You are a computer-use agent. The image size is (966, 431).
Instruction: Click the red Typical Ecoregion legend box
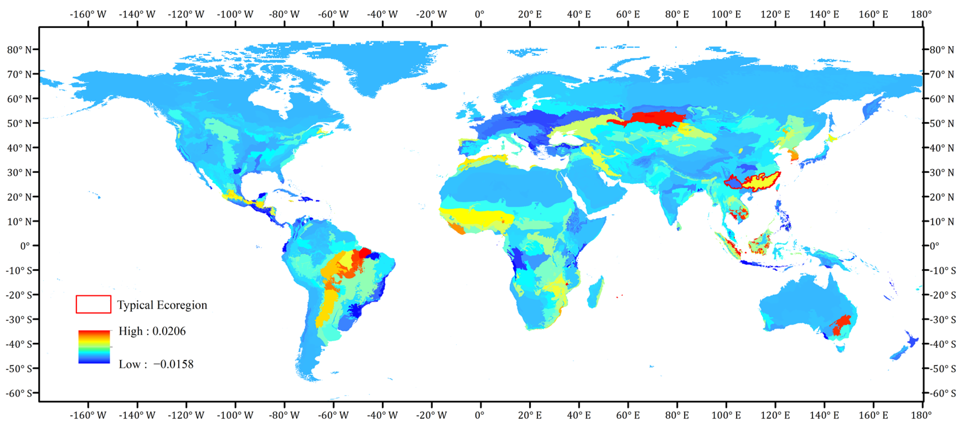pos(93,304)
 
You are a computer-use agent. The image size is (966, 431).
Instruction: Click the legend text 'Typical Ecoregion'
pos(162,305)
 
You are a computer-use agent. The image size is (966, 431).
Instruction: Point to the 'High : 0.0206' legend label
pos(152,331)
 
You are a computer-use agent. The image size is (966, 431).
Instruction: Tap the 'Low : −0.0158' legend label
pos(156,364)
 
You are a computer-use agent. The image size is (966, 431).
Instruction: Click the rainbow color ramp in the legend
pos(94,347)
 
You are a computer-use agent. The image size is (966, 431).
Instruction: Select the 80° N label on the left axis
pos(19,50)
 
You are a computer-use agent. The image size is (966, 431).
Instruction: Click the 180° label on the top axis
pos(921,14)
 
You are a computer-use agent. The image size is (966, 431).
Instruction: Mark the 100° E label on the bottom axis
pos(726,415)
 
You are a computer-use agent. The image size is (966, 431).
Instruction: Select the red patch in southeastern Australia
pos(840,324)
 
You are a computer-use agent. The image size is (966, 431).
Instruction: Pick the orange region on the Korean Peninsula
pos(793,154)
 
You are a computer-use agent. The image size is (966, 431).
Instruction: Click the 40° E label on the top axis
pos(579,14)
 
